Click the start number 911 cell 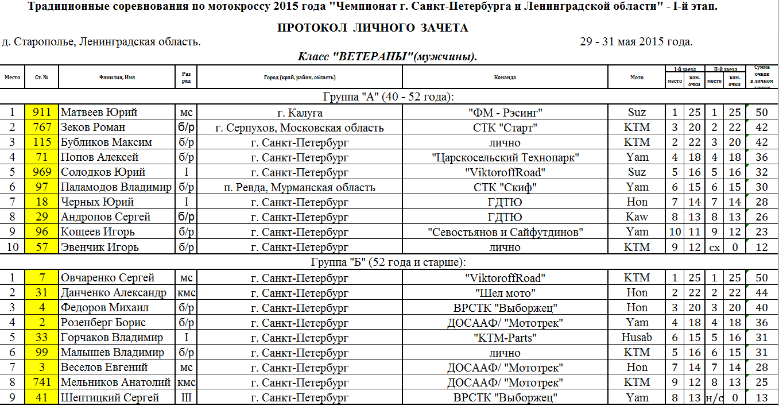[x=42, y=113]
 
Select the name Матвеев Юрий [x=99, y=113]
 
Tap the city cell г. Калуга [x=299, y=113]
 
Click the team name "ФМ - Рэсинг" [x=505, y=113]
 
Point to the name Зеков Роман [x=93, y=127]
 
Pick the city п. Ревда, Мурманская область [x=299, y=187]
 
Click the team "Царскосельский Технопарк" [x=505, y=157]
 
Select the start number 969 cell [x=42, y=172]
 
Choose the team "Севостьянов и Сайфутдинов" [x=505, y=232]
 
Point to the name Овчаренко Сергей [x=107, y=278]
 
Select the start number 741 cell [x=42, y=382]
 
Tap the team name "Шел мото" [x=505, y=293]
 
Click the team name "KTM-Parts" [x=505, y=338]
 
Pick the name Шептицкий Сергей [x=110, y=398]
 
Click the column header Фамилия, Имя [x=117, y=77]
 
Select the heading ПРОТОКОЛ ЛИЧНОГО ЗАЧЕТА [x=373, y=28]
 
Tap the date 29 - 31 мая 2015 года [x=636, y=42]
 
